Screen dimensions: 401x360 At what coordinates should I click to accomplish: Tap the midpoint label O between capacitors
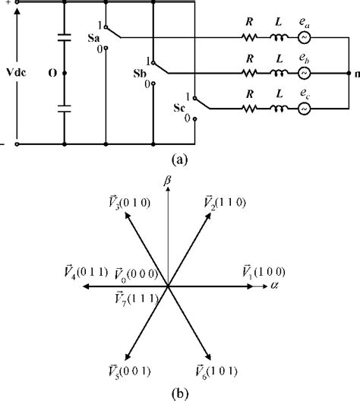coord(51,74)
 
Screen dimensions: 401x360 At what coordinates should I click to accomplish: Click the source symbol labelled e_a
coord(303,36)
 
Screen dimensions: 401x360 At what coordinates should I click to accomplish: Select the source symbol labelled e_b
coord(303,74)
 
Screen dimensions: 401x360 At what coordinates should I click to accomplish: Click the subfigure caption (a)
coord(179,159)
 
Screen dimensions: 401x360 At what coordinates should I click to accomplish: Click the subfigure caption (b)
coord(179,392)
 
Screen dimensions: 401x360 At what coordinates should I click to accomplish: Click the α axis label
coord(273,286)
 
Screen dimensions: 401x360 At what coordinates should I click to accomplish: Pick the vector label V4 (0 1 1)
coord(87,271)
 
